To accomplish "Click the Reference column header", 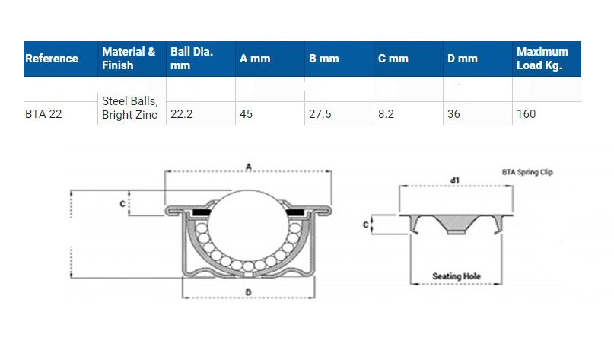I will point(52,59).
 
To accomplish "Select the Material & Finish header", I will point(129,59).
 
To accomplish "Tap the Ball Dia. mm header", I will point(192,59).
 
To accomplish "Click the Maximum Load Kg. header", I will point(542,59).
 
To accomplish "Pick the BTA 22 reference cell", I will point(44,114).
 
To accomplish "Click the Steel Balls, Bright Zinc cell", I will point(129,108).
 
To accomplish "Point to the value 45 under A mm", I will point(246,114).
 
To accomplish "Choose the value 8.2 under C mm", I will point(387,114).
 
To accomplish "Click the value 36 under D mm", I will point(454,114).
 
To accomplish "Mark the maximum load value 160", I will point(526,114).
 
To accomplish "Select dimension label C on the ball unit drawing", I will point(122,203).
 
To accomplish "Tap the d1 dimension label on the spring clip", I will point(454,180).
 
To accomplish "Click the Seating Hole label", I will point(457,276).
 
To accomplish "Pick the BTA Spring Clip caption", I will point(527,173).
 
